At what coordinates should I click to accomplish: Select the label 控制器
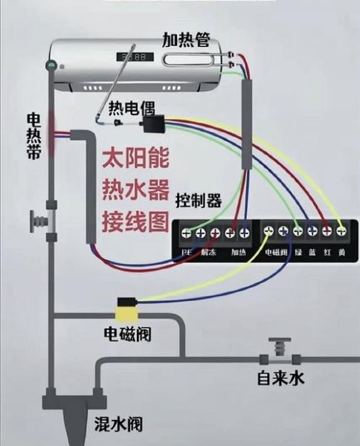[x=199, y=201]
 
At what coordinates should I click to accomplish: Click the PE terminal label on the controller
[x=186, y=252]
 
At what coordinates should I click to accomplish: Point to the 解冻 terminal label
[x=208, y=252]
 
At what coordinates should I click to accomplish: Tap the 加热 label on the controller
[x=237, y=252]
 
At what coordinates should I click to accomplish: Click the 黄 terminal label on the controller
[x=341, y=252]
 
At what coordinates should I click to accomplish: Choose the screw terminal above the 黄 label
[x=341, y=233]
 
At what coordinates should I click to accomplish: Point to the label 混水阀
[x=117, y=424]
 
